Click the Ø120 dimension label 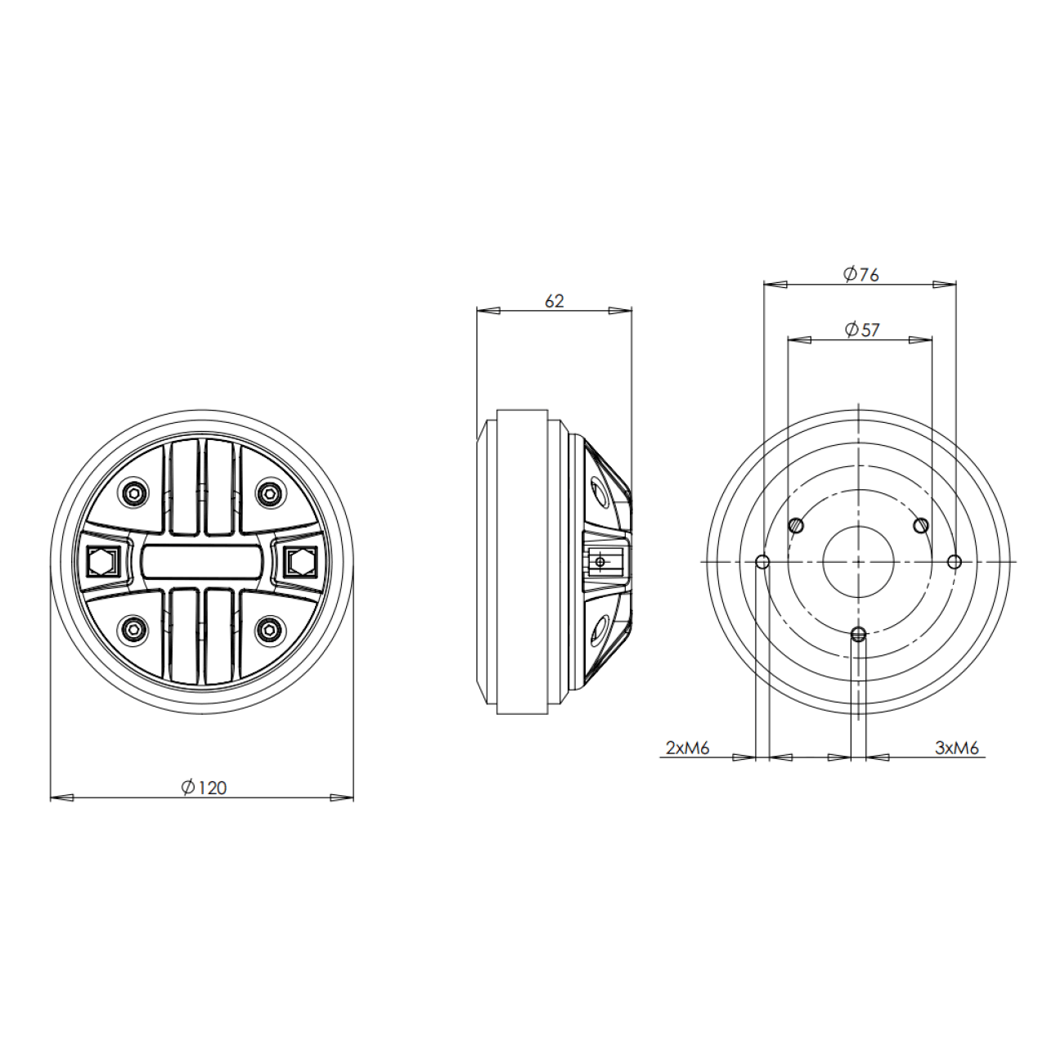(204, 788)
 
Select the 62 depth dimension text (554, 301)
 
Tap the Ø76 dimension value (861, 274)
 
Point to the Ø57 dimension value (862, 330)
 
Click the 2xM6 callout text (687, 748)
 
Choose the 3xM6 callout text (956, 748)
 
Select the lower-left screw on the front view (133, 629)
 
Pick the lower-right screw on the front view (267, 629)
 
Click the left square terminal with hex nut (102, 562)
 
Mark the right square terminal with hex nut (299, 562)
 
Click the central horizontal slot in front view (201, 562)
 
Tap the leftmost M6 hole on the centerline (762, 562)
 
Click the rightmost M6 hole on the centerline (954, 562)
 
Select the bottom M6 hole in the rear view (858, 634)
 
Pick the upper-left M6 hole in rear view (796, 525)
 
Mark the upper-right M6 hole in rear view (921, 525)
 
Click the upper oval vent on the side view (600, 492)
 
